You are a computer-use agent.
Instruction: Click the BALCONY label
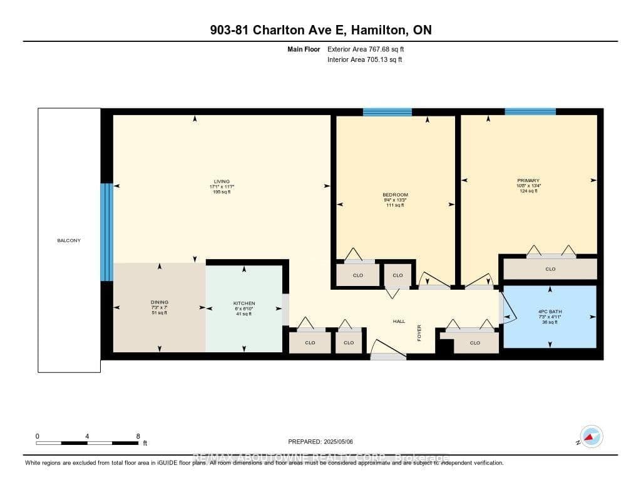tap(69, 240)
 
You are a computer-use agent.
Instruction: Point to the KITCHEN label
tap(244, 304)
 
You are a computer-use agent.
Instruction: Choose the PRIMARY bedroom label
tap(528, 181)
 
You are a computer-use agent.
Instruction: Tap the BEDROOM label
tap(395, 195)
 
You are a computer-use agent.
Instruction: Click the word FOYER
tap(419, 333)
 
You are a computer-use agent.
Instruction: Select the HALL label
tap(399, 321)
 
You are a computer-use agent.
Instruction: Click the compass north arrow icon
tap(590, 436)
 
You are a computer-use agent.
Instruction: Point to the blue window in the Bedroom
tap(387, 112)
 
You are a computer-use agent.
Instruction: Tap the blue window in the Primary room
tap(530, 111)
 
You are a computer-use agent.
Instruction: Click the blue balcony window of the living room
tap(107, 232)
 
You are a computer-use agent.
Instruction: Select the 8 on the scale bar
tap(138, 436)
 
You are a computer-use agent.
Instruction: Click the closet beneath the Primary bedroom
tap(550, 269)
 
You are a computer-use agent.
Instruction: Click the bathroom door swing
tap(509, 310)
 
